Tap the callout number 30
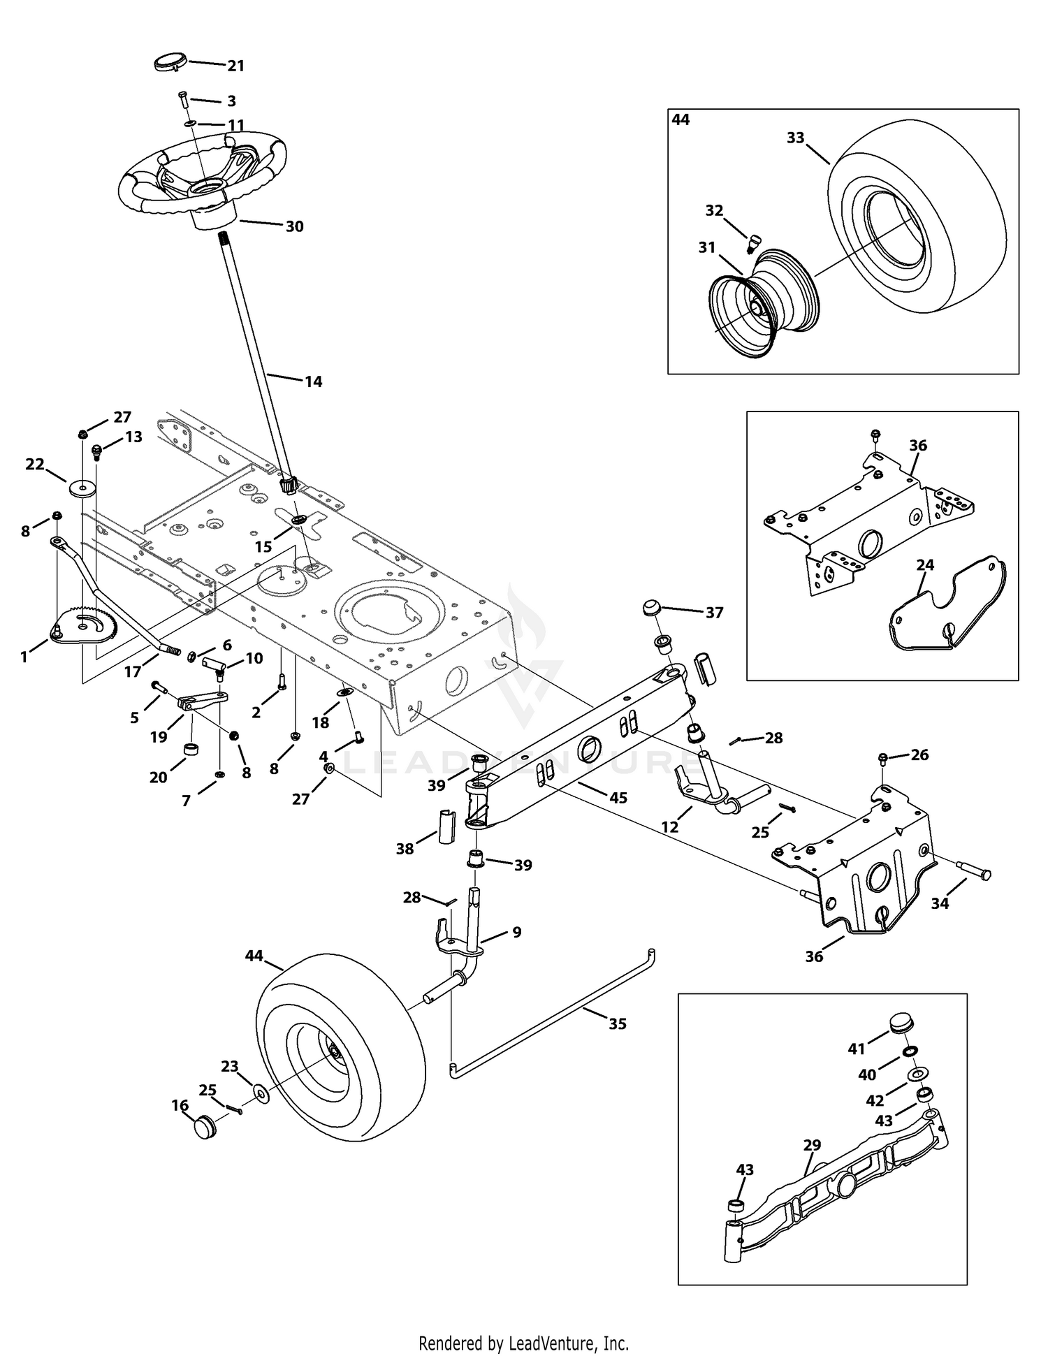point(295,226)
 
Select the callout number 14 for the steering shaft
point(314,381)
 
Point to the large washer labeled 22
point(82,486)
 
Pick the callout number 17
point(133,672)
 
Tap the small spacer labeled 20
point(193,751)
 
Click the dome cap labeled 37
point(653,606)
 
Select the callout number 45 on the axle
point(618,797)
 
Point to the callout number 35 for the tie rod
point(618,1024)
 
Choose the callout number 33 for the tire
point(796,138)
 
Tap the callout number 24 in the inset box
point(925,564)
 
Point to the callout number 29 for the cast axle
point(813,1145)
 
